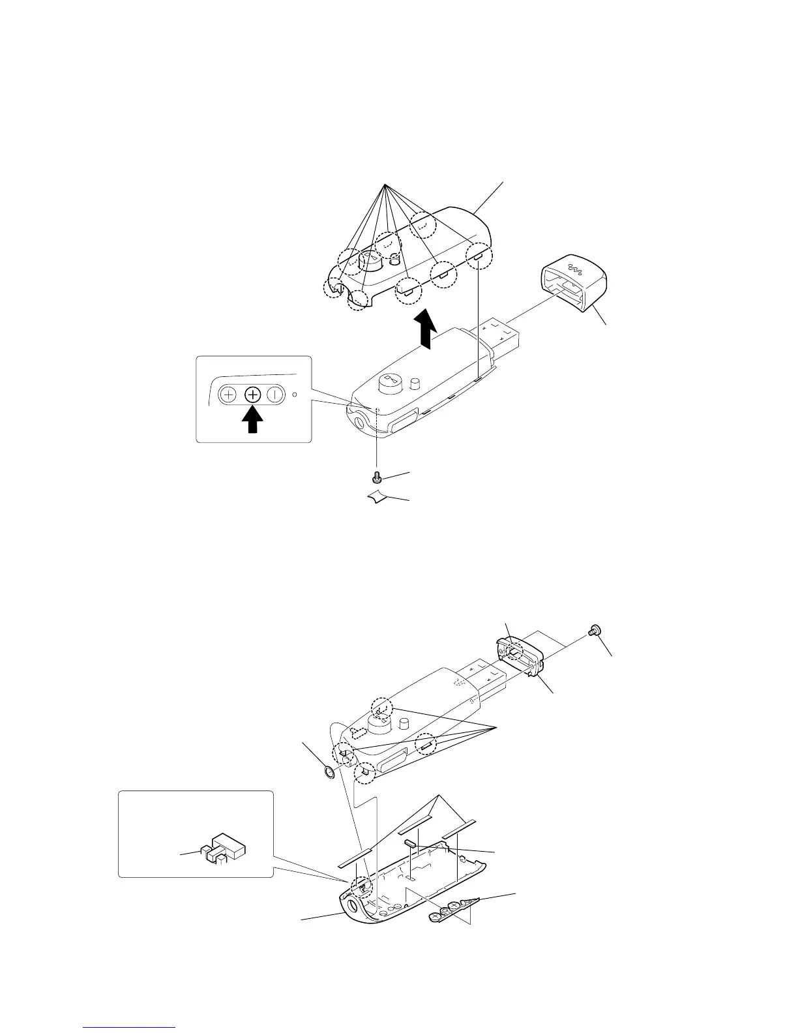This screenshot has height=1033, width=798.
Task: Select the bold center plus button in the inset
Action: pyautogui.click(x=253, y=395)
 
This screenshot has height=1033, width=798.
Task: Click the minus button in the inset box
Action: pyautogui.click(x=276, y=395)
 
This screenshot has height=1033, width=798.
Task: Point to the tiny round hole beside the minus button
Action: pyautogui.click(x=295, y=394)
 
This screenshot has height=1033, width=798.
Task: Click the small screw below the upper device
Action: pyautogui.click(x=377, y=479)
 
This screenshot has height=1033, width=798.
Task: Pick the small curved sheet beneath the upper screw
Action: pyautogui.click(x=377, y=499)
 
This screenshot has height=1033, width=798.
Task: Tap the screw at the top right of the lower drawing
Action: pyautogui.click(x=594, y=631)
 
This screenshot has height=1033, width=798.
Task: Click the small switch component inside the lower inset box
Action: pyautogui.click(x=222, y=848)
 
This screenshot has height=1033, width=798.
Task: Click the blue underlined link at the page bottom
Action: pyautogui.click(x=130, y=1028)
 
